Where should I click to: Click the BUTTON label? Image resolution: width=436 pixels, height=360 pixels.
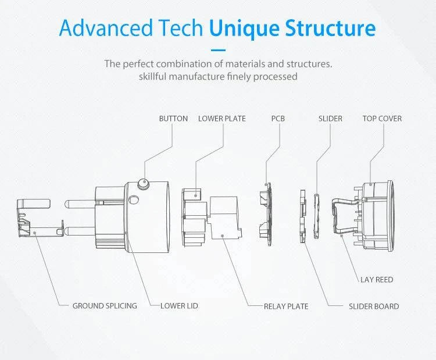[173, 119]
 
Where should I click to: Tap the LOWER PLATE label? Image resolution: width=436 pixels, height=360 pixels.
[221, 119]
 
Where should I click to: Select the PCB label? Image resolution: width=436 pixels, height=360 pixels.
[278, 119]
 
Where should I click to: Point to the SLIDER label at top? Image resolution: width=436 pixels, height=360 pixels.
[330, 119]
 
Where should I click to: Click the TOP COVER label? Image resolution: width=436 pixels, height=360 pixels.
[382, 119]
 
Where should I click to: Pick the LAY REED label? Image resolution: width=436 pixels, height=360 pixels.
[377, 280]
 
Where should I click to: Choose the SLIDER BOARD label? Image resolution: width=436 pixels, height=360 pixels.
[374, 306]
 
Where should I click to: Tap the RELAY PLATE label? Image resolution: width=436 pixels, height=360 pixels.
[286, 306]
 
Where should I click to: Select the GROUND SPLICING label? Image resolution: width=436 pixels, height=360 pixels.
[105, 306]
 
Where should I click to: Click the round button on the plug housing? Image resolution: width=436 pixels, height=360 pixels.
[142, 185]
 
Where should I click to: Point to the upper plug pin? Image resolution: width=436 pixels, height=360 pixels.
[79, 205]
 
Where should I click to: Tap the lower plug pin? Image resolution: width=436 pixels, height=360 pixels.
[78, 232]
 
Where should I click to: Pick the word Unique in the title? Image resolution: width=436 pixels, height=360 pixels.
[245, 27]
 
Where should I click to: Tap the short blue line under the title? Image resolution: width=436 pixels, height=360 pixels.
[217, 50]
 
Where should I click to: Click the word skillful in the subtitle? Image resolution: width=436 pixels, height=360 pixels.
[158, 76]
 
